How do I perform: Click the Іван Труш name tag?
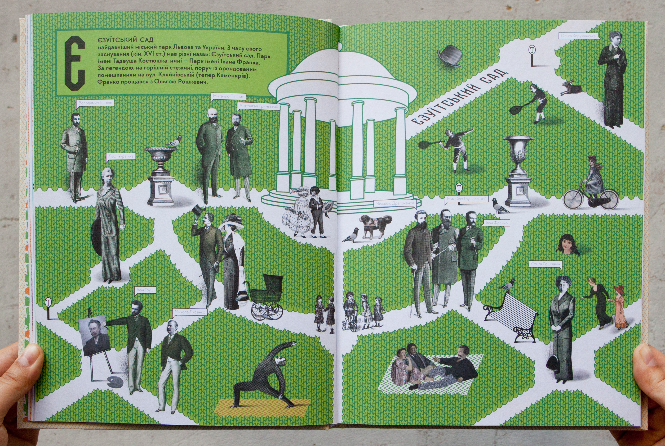[x=145, y=290]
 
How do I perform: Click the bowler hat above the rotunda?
[x=449, y=56]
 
